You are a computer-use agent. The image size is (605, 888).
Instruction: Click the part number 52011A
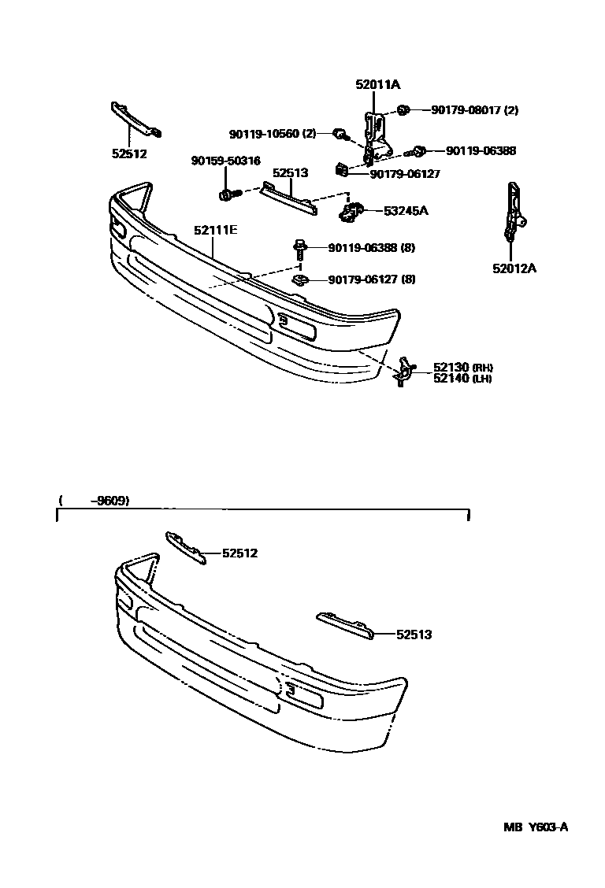pyautogui.click(x=377, y=85)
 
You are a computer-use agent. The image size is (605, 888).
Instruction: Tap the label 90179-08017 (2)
pyautogui.click(x=474, y=110)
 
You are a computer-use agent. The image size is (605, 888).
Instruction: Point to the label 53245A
pyautogui.click(x=406, y=211)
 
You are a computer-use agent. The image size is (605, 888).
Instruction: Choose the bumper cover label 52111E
pyautogui.click(x=215, y=231)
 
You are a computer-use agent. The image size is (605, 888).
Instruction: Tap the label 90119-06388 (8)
pyautogui.click(x=371, y=248)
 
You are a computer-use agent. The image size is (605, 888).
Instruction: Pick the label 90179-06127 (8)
pyautogui.click(x=371, y=279)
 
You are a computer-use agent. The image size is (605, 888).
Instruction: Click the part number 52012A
pyautogui.click(x=514, y=268)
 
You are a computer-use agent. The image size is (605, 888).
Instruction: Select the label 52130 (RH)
pyautogui.click(x=462, y=367)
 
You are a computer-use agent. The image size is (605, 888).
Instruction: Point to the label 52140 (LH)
pyautogui.click(x=462, y=379)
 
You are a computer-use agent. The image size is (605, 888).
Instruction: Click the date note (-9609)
pyautogui.click(x=94, y=501)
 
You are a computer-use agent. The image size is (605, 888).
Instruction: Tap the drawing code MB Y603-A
pyautogui.click(x=536, y=827)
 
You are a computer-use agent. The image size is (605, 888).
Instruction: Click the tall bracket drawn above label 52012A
pyautogui.click(x=512, y=211)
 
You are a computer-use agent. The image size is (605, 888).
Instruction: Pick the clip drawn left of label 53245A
pyautogui.click(x=351, y=211)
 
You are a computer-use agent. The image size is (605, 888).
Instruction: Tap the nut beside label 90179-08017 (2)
pyautogui.click(x=403, y=110)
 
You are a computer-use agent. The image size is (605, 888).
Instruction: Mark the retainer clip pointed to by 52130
pyautogui.click(x=403, y=372)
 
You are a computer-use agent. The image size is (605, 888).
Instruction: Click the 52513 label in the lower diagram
pyautogui.click(x=414, y=634)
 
